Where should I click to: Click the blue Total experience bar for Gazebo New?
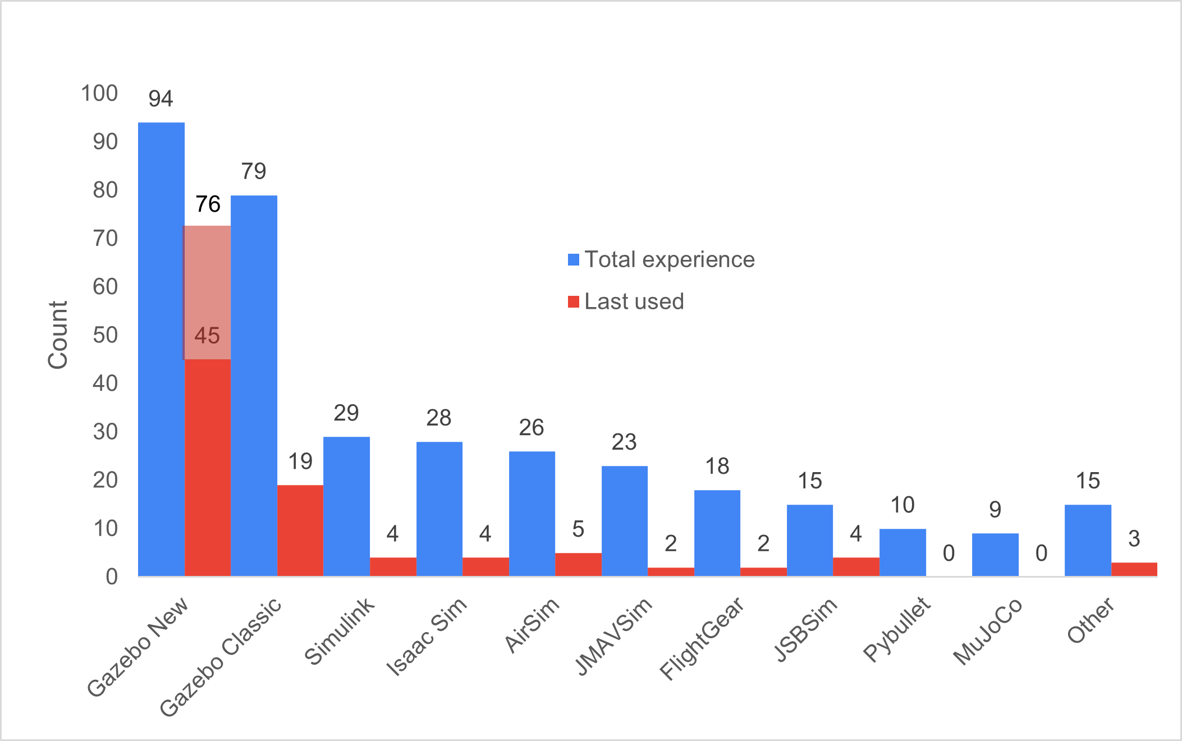(161, 348)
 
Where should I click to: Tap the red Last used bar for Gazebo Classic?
(300, 530)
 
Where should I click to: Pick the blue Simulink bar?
(346, 506)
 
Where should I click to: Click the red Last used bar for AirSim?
(578, 564)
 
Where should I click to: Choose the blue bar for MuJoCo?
(995, 554)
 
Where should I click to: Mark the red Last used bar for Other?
(1134, 569)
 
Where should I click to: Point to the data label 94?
(161, 99)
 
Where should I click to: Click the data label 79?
(254, 171)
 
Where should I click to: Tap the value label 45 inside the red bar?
(207, 336)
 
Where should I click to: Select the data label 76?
(208, 204)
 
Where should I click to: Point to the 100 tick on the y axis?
(99, 93)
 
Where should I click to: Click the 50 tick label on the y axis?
(105, 335)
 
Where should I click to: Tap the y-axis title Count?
(57, 335)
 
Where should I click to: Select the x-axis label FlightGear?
(702, 638)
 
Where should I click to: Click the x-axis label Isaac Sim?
(427, 635)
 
